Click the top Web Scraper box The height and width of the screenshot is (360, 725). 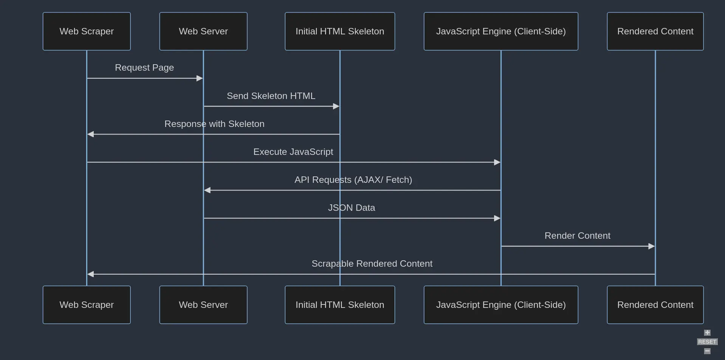point(87,31)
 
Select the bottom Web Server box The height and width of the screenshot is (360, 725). point(203,305)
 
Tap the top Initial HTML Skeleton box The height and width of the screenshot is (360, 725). point(339,31)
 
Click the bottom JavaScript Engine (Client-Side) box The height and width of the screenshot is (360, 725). point(500,305)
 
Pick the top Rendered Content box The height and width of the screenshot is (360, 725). point(655,31)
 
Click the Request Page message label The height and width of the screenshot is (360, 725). point(144,68)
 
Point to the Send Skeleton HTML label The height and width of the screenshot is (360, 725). point(271,96)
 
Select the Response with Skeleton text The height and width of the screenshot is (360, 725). point(214,124)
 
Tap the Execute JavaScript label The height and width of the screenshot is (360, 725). point(293,152)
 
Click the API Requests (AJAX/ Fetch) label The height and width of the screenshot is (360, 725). point(353,180)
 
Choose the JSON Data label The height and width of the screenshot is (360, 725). point(351,208)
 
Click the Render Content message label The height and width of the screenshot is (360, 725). point(577,236)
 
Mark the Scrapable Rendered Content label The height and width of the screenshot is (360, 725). point(372,264)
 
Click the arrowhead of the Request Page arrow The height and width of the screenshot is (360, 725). point(200,78)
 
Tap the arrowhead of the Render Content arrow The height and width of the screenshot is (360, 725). point(651,246)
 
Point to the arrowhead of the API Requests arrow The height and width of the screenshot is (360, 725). point(207,190)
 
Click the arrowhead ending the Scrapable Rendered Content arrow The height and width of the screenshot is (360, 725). point(91,274)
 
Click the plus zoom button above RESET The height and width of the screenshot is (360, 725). point(707,333)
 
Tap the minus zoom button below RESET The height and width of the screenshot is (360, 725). point(707,351)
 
